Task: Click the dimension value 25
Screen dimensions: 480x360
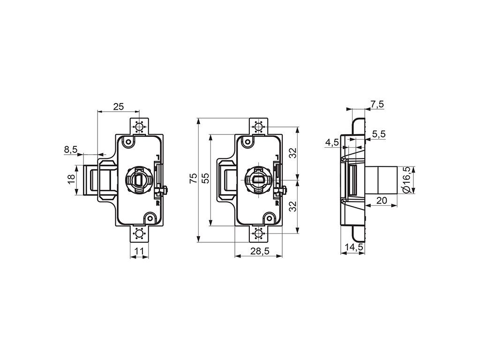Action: coord(119,106)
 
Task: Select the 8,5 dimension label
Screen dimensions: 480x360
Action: coord(71,150)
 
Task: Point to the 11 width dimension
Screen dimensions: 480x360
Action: coord(139,251)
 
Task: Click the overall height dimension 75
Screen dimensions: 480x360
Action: coord(194,178)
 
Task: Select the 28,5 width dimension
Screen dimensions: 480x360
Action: coord(260,251)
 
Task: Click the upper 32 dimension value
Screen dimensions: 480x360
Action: coord(293,153)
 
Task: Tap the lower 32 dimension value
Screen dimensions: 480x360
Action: coord(293,206)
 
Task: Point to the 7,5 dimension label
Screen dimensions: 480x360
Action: coord(377,105)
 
